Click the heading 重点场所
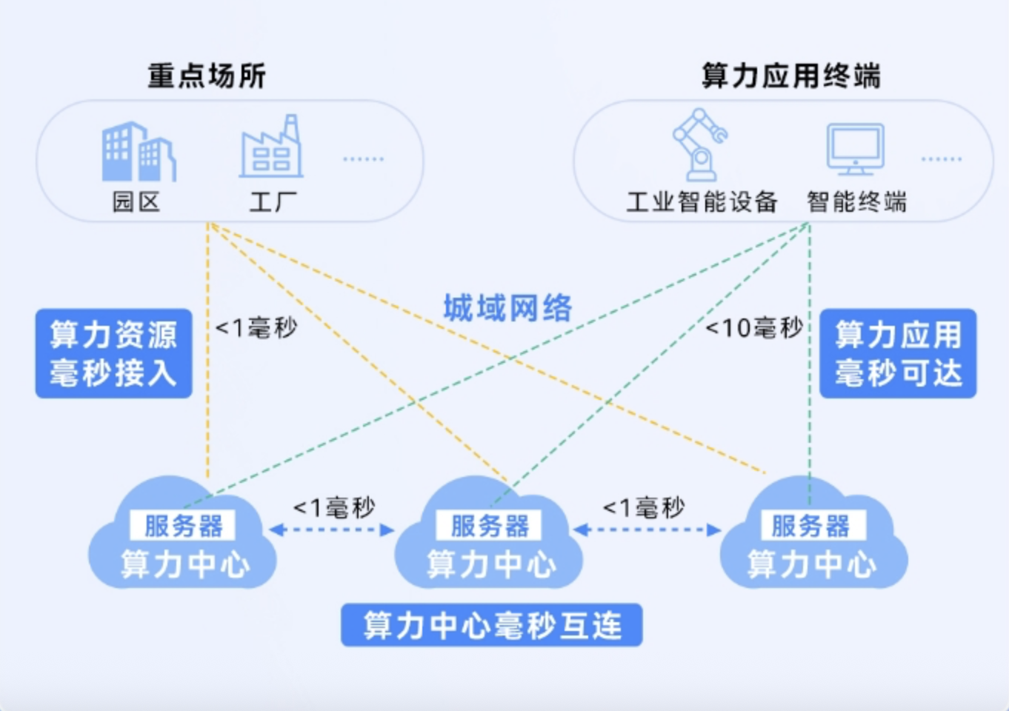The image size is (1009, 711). [x=207, y=76]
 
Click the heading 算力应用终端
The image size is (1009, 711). [x=790, y=76]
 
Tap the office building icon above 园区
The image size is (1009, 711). [x=138, y=152]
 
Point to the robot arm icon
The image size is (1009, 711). [x=699, y=144]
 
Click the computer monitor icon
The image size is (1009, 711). [x=855, y=149]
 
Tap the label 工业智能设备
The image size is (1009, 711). [x=702, y=201]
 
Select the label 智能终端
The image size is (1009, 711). [x=856, y=201]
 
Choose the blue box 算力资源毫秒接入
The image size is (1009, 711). [x=113, y=353]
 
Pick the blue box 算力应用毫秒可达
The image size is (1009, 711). [x=898, y=353]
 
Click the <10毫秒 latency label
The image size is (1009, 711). [x=753, y=327]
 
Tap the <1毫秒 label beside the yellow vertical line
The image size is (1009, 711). [x=256, y=327]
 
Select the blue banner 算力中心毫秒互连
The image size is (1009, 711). [x=491, y=626]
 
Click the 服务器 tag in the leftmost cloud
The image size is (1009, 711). [x=183, y=526]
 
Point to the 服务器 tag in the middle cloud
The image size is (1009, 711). [x=490, y=526]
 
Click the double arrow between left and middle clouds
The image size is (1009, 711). [x=332, y=530]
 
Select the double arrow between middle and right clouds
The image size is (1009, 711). [x=647, y=530]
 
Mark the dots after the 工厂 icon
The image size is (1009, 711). [x=363, y=159]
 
